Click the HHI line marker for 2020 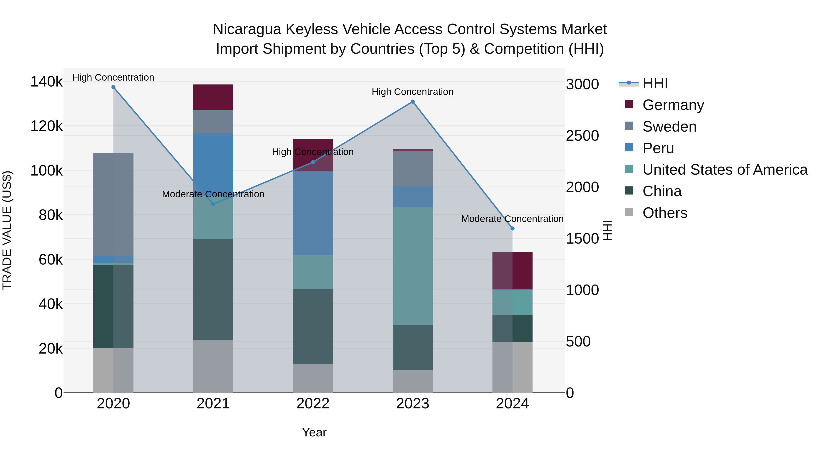(113, 87)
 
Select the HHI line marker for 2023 (413, 102)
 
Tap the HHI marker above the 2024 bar (512, 228)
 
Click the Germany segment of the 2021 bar (213, 97)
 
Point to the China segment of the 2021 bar (213, 290)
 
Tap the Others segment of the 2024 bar (512, 367)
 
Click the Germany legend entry (673, 105)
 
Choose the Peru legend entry (658, 148)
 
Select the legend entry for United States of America (725, 170)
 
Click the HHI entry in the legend (655, 83)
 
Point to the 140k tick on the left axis (46, 82)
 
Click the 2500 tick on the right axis (582, 136)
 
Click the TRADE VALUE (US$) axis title (7, 230)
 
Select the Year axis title (314, 432)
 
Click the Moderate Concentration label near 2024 (512, 219)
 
